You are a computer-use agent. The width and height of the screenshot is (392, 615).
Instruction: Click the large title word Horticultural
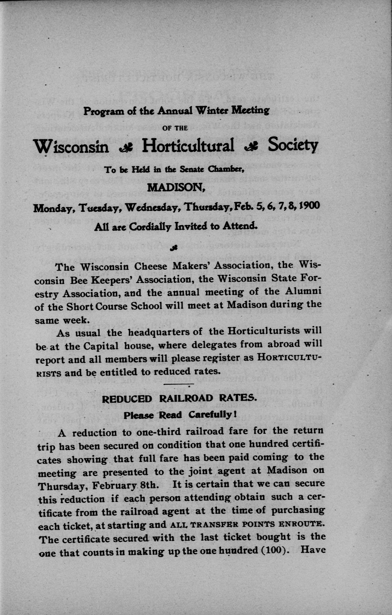pyautogui.click(x=188, y=146)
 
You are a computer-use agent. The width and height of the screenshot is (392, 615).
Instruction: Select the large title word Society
pyautogui.click(x=293, y=146)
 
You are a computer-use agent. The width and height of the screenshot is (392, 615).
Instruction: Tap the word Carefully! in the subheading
pyautogui.click(x=212, y=415)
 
